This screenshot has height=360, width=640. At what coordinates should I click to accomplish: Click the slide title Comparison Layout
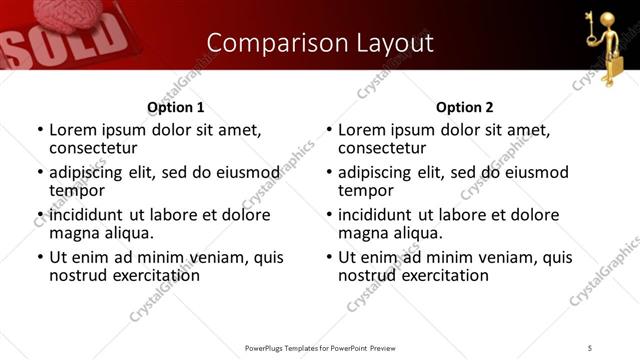coord(320,43)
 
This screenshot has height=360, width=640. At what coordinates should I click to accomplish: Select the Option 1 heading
coord(176,107)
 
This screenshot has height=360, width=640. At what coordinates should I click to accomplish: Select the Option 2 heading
coord(465,107)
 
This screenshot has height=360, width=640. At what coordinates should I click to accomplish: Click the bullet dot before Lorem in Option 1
coord(39,131)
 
